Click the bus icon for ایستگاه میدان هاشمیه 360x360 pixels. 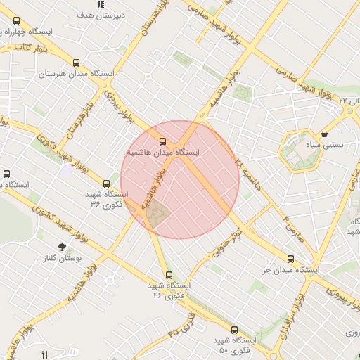pyautogui.click(x=163, y=141)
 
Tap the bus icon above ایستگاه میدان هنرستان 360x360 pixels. pyautogui.click(x=76, y=62)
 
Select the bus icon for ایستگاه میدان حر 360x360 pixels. pyautogui.click(x=291, y=259)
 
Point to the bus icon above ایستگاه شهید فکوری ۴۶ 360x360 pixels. pyautogui.click(x=168, y=275)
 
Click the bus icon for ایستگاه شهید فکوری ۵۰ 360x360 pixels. pyautogui.click(x=234, y=329)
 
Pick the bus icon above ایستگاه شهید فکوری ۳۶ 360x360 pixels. pyautogui.click(x=106, y=183)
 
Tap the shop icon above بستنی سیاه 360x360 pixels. pyautogui.click(x=324, y=134)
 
